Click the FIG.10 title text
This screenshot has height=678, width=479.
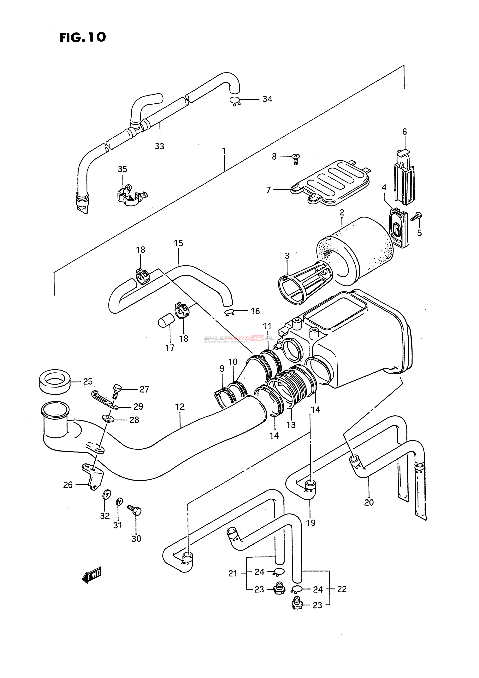pyautogui.click(x=83, y=37)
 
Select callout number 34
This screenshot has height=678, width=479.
pyautogui.click(x=267, y=99)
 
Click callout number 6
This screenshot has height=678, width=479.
pyautogui.click(x=404, y=132)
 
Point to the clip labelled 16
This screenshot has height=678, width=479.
pyautogui.click(x=230, y=312)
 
